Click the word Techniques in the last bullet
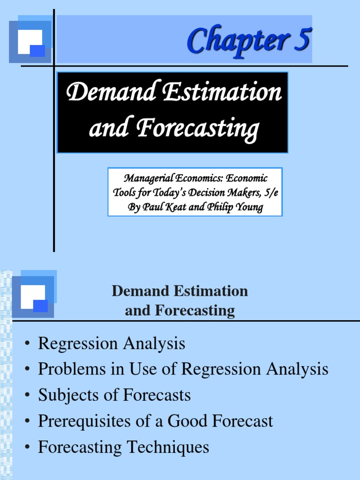pyautogui.click(x=170, y=447)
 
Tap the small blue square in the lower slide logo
pyautogui.click(x=40, y=306)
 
